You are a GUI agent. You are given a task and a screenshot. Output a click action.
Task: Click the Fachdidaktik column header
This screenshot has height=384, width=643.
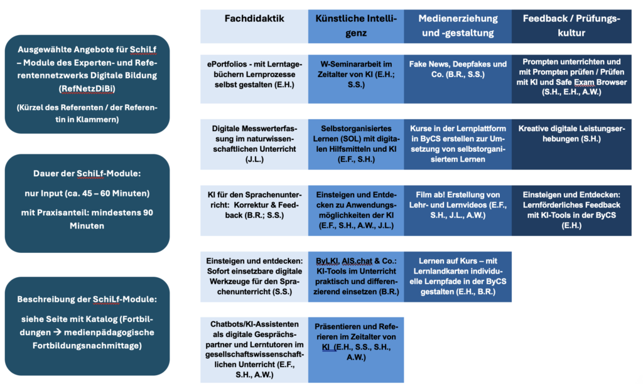pyautogui.click(x=254, y=26)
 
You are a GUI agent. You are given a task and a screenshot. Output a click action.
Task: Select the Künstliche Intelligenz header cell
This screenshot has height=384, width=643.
pyautogui.click(x=356, y=26)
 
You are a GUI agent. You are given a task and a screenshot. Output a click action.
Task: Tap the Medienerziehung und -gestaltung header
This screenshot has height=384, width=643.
pyautogui.click(x=458, y=26)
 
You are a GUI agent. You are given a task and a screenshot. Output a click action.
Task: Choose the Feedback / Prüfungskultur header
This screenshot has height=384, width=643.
pyautogui.click(x=571, y=26)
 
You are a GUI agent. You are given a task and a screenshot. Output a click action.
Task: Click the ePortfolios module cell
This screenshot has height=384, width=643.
pyautogui.click(x=254, y=79)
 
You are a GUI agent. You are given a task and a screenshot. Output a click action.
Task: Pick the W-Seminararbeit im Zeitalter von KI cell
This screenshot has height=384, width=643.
pyautogui.click(x=356, y=79)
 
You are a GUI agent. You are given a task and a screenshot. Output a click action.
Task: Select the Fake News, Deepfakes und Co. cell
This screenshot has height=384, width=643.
pyautogui.click(x=458, y=79)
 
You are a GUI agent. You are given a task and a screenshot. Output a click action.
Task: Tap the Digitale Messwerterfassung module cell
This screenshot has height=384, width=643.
pyautogui.click(x=254, y=144)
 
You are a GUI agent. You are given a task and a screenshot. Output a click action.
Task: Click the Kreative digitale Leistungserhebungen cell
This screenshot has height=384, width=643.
pyautogui.click(x=571, y=144)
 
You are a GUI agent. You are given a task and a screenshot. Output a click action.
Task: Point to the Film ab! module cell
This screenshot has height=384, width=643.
pyautogui.click(x=458, y=211)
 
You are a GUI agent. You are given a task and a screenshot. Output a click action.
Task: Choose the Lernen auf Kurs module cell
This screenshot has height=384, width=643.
pyautogui.click(x=458, y=277)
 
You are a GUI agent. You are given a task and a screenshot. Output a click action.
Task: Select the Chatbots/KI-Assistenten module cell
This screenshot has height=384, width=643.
pyautogui.click(x=254, y=349)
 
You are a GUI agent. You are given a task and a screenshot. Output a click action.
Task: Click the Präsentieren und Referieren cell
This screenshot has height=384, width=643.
pyautogui.click(x=356, y=349)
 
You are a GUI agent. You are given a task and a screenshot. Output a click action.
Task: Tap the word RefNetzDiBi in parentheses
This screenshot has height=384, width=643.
pyautogui.click(x=87, y=88)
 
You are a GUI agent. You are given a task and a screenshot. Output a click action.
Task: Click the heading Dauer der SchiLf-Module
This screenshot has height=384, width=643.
pyautogui.click(x=87, y=173)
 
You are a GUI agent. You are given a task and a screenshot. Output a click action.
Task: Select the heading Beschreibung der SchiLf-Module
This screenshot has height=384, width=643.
pyautogui.click(x=87, y=299)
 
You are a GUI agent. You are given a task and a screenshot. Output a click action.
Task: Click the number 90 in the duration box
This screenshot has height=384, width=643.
pyautogui.click(x=148, y=213)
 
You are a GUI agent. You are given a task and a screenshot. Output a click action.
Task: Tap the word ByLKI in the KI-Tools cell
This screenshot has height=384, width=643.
pyautogui.click(x=327, y=261)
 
